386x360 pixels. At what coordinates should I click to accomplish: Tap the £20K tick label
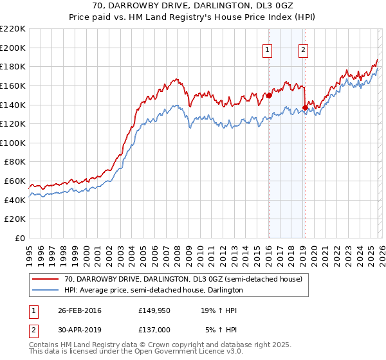coord(15,219)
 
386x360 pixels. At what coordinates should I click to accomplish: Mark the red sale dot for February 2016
coord(269,96)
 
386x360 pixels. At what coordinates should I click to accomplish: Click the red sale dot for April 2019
coord(304,108)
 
